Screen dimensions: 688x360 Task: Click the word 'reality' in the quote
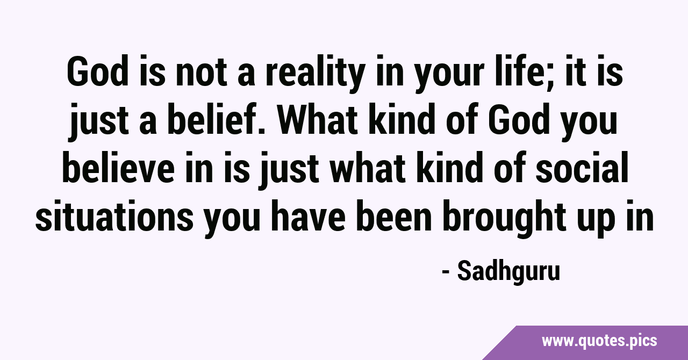point(315,74)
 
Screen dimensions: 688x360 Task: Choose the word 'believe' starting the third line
point(119,168)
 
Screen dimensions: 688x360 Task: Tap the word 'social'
point(582,168)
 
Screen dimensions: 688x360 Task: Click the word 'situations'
point(114,216)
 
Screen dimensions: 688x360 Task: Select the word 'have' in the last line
point(308,215)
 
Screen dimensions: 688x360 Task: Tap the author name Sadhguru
point(508,271)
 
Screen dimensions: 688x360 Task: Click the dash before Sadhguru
point(446,272)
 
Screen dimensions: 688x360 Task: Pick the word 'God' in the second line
point(518,119)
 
